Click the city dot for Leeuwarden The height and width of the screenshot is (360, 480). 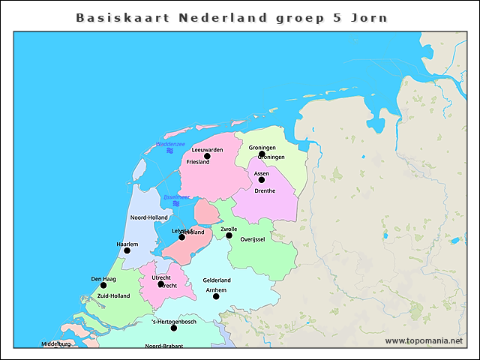coord(207,156)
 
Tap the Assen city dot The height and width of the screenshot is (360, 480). coord(262,180)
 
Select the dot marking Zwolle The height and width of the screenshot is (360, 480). coord(229,235)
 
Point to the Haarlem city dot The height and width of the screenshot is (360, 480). coord(127,250)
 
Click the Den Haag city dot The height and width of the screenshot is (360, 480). coord(103,285)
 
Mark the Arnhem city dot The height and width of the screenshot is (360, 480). coord(216,296)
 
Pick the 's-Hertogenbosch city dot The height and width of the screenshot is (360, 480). coord(173,328)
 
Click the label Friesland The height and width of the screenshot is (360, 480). coord(198,162)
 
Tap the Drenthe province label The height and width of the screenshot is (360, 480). coord(265,190)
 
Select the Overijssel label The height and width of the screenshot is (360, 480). coord(253,239)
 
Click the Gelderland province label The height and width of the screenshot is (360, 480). coord(217,280)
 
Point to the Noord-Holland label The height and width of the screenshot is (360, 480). coord(149,217)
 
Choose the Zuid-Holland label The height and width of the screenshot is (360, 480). coord(113,295)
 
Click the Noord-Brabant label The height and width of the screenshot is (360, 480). coord(163,346)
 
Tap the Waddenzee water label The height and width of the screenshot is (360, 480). coord(170,143)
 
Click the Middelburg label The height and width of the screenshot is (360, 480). coord(55,344)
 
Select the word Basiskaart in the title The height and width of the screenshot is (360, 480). coord(123,16)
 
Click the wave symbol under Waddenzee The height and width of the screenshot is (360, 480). coord(170,151)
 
